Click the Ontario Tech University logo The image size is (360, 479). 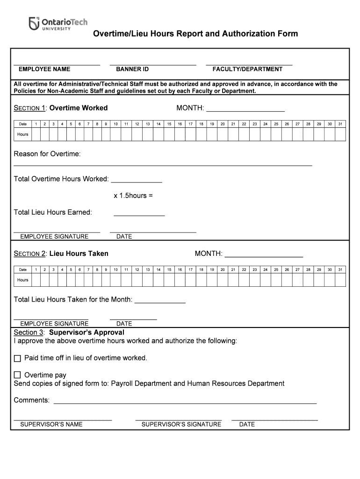click(x=58, y=23)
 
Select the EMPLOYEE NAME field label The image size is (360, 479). click(x=44, y=69)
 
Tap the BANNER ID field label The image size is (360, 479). click(x=132, y=69)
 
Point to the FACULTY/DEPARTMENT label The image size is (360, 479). click(x=247, y=69)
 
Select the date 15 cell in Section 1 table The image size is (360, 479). click(x=169, y=124)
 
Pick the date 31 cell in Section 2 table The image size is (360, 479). click(x=340, y=269)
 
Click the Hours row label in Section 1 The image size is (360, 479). click(x=22, y=134)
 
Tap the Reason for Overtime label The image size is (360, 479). click(x=47, y=154)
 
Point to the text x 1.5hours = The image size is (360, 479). click(x=133, y=196)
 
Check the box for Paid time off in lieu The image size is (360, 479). click(x=18, y=358)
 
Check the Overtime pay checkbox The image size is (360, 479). click(x=18, y=375)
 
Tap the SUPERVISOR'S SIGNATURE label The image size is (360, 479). click(x=181, y=424)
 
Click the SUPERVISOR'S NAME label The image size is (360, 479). click(x=51, y=424)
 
